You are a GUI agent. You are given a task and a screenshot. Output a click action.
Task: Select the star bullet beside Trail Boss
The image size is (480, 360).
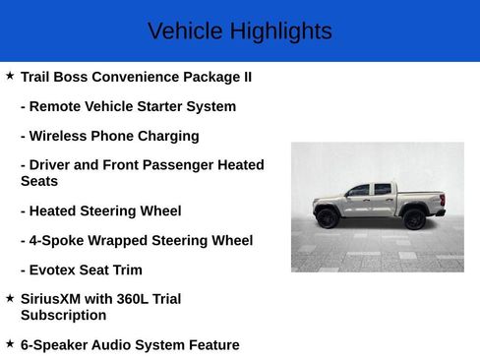(10, 76)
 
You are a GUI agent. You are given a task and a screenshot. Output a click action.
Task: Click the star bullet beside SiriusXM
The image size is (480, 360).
(10, 297)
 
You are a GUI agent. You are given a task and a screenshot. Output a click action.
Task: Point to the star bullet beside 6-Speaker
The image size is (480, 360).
(10, 344)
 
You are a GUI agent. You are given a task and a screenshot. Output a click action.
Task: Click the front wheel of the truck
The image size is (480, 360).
(328, 218)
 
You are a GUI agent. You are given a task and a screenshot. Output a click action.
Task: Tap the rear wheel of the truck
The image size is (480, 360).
(414, 218)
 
